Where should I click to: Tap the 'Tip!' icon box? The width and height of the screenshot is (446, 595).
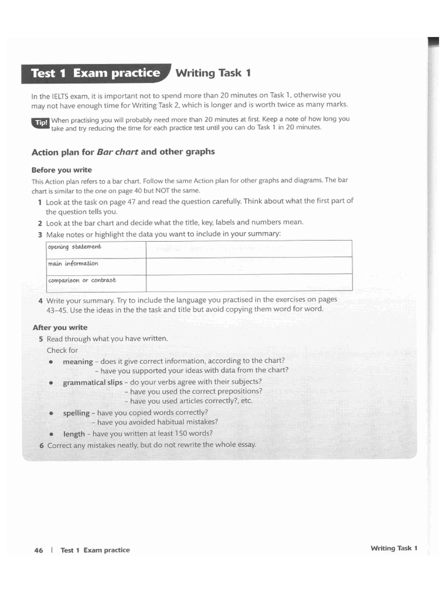[41, 122]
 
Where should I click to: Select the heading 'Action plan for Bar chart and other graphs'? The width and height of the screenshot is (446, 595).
[123, 152]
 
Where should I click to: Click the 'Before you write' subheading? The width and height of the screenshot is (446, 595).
[61, 170]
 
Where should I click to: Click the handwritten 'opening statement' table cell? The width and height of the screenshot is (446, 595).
[96, 248]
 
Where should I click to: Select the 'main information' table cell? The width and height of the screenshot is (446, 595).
[96, 265]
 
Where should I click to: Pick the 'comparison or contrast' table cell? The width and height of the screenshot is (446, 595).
[96, 282]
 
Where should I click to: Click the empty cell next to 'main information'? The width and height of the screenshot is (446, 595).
[249, 266]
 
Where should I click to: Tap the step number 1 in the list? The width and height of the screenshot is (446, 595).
[39, 202]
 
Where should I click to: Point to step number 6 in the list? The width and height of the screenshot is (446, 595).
[41, 445]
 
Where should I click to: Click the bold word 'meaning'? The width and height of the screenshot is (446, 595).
[77, 361]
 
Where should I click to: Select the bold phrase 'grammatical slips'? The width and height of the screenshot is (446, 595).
[92, 382]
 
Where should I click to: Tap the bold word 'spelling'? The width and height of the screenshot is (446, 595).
[76, 413]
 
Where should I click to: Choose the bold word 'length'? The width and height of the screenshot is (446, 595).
[74, 434]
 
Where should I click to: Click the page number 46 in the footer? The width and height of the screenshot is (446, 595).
[39, 550]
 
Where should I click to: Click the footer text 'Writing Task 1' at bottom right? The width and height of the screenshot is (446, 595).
[394, 548]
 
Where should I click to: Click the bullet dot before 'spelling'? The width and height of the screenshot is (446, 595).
[51, 413]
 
